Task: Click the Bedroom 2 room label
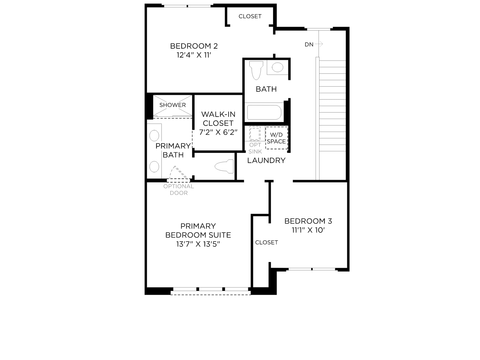[x=194, y=46]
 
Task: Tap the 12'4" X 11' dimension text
[x=194, y=55]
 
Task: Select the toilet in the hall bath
[x=256, y=70]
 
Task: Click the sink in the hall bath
[x=277, y=67]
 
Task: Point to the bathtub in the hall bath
[x=264, y=112]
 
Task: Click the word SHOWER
[x=172, y=105]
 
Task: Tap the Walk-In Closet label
[x=218, y=119]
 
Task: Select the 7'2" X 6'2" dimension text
[x=218, y=132]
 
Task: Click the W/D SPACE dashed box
[x=277, y=138]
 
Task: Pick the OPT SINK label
[x=255, y=148]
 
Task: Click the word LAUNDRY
[x=266, y=160]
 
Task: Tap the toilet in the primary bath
[x=224, y=166]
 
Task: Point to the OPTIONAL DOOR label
[x=179, y=190]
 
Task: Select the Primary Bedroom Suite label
[x=198, y=230]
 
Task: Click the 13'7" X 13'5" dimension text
[x=198, y=244]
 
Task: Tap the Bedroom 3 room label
[x=308, y=221]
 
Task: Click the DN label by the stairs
[x=309, y=45]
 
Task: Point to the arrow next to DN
[x=319, y=44]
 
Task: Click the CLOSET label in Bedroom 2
[x=250, y=16]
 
